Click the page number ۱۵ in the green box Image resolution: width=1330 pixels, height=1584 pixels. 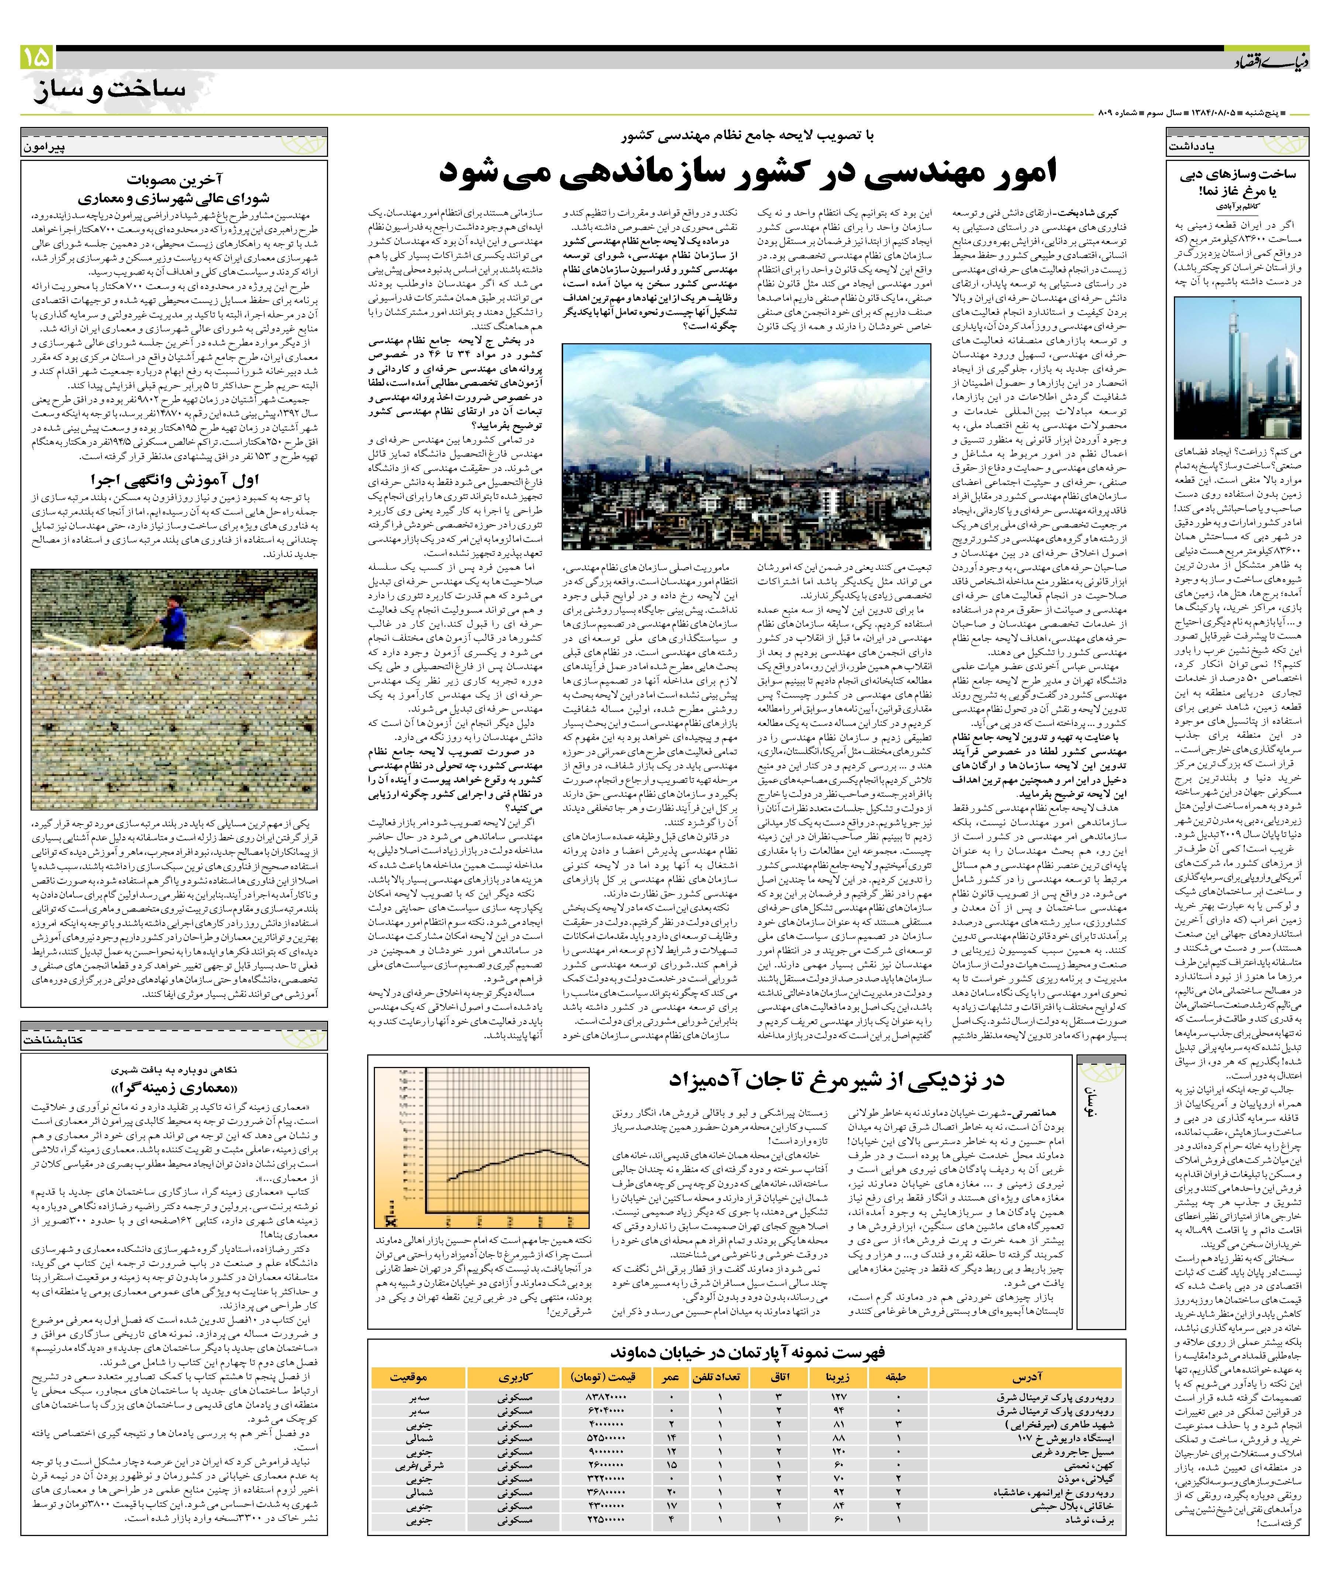(x=36, y=57)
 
